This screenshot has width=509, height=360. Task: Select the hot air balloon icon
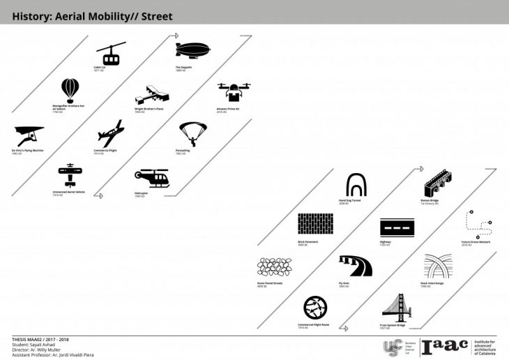[x=70, y=91]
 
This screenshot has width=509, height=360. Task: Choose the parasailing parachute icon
[x=192, y=133]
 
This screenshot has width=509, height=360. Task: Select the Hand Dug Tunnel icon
[x=356, y=185]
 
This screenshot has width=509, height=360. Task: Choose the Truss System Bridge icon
[x=399, y=308]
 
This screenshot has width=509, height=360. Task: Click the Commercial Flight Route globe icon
[x=315, y=308]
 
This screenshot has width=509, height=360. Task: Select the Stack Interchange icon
[x=438, y=267]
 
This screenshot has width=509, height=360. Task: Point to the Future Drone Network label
[x=476, y=243]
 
